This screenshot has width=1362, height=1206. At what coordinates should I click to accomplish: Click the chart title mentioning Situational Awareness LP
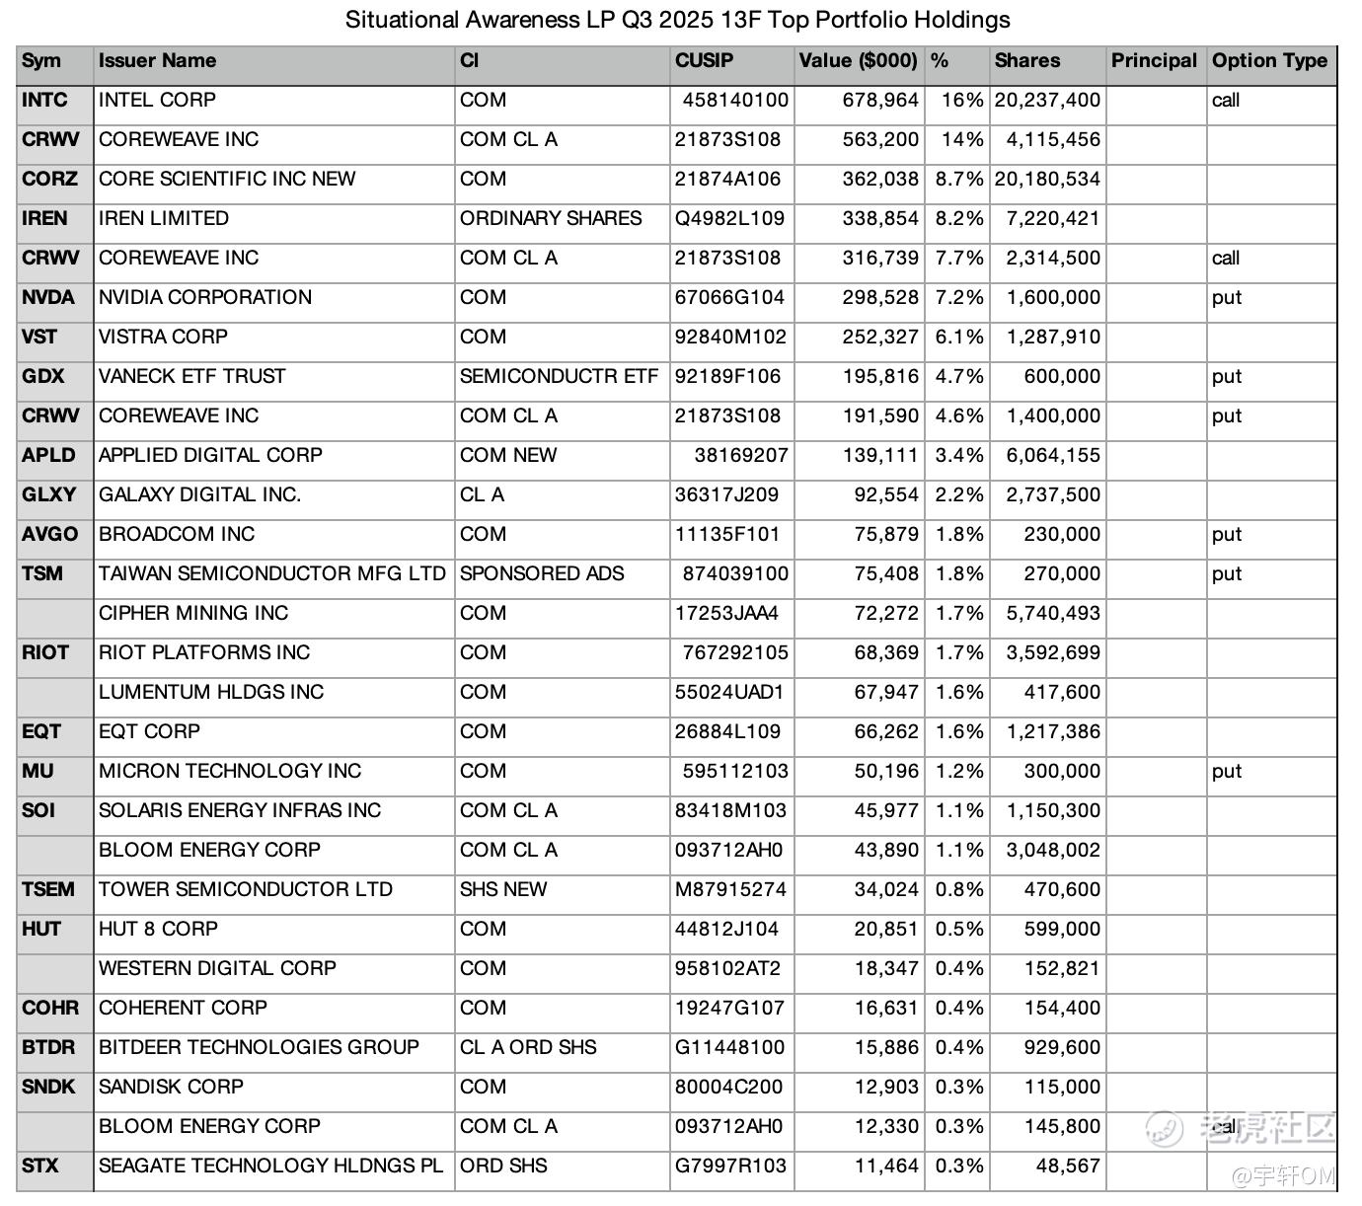point(677,20)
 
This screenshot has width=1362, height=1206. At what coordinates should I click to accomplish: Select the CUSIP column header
point(704,61)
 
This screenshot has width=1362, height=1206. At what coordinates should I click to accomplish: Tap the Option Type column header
point(1269,61)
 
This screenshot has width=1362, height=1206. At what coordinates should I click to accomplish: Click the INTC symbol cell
point(45,101)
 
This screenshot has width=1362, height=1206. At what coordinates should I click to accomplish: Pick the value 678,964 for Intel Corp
point(880,101)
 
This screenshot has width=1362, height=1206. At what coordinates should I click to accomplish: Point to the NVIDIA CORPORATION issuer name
point(205,298)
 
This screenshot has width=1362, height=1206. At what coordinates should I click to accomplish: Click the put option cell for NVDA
point(1227,298)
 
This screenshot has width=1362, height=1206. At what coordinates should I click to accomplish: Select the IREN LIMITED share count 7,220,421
point(1053,219)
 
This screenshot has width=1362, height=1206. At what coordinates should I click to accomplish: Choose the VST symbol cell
point(39,338)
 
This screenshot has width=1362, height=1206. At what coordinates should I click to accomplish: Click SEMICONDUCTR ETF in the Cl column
point(559,377)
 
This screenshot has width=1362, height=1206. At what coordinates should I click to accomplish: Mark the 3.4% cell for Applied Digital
point(959,456)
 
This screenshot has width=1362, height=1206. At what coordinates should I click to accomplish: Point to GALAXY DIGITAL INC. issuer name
point(200,495)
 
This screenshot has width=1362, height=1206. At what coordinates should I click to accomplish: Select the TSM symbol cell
point(42,574)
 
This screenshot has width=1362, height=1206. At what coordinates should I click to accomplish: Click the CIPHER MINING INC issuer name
point(193,614)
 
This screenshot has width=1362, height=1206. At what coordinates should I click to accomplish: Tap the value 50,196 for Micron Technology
point(886,772)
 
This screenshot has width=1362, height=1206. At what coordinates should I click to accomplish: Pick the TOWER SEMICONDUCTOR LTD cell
point(246,890)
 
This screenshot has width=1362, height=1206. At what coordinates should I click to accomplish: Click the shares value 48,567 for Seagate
point(1068,1167)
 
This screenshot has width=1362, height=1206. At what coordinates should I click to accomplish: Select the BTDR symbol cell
point(48,1048)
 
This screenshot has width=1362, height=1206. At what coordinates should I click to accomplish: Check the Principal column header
point(1154,61)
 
